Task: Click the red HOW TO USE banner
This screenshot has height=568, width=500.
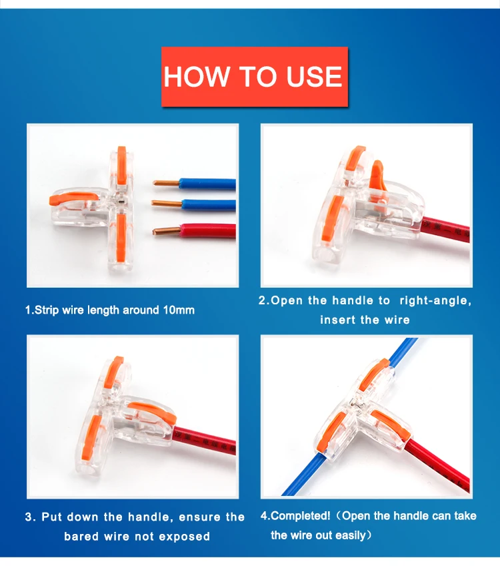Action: [x=255, y=77]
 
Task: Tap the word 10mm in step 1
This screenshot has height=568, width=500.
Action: [x=179, y=310]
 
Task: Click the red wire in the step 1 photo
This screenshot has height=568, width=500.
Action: [x=208, y=231]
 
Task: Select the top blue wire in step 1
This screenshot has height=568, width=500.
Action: [x=208, y=184]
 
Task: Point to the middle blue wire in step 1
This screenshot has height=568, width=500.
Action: [x=209, y=205]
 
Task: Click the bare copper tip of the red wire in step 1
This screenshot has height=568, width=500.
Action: [x=166, y=231]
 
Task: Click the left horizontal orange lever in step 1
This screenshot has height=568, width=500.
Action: [x=73, y=198]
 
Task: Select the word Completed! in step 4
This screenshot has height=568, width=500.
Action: [x=300, y=516]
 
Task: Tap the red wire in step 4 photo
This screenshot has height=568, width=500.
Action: [x=438, y=465]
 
